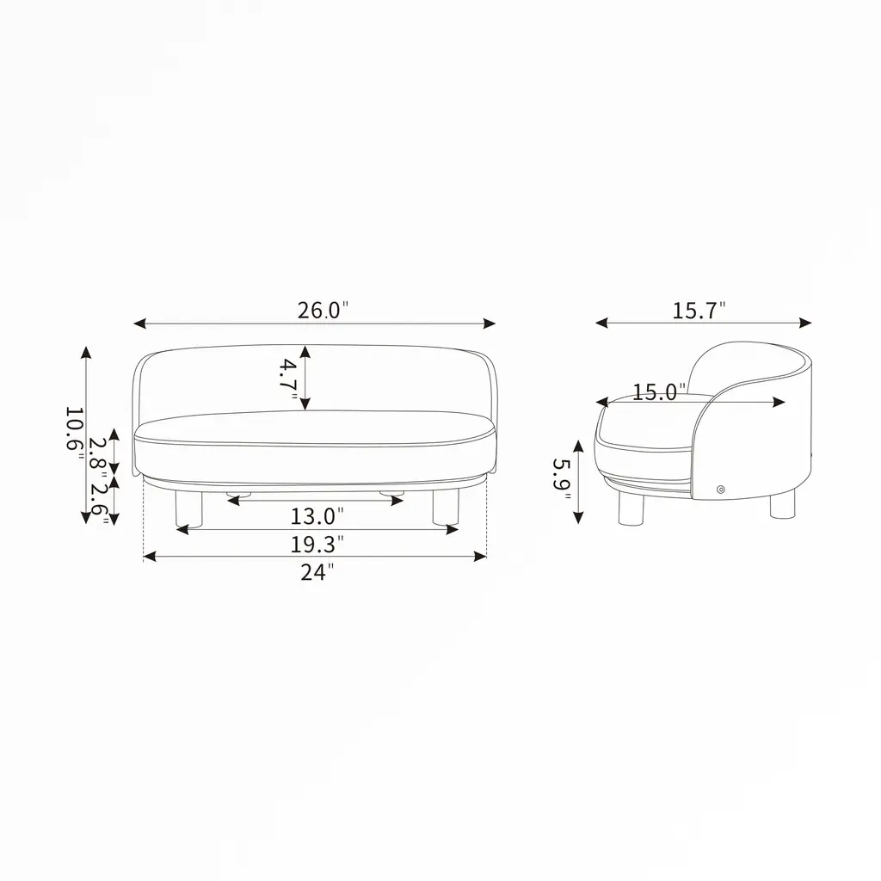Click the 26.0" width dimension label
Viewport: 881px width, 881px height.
[x=323, y=310]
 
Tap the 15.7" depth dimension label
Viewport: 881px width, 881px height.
[x=699, y=310]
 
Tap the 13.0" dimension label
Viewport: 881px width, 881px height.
[x=317, y=516]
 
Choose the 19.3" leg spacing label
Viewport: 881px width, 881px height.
[x=317, y=544]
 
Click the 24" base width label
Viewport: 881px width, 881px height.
[x=317, y=572]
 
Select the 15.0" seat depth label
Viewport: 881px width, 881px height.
[x=659, y=392]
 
